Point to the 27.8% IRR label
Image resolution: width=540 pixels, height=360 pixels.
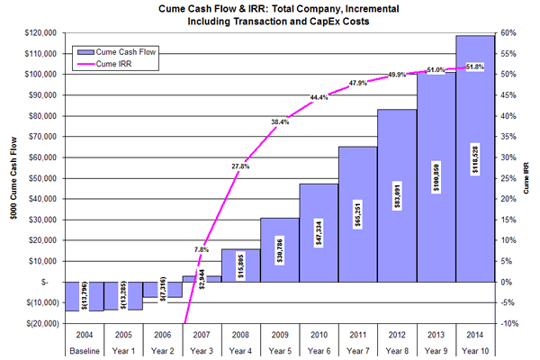238,166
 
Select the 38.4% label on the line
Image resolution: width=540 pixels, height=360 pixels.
279,121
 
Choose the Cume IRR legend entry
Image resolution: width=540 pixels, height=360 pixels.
111,65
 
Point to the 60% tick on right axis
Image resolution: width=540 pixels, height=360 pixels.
508,32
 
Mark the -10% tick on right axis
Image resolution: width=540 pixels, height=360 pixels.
508,323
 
